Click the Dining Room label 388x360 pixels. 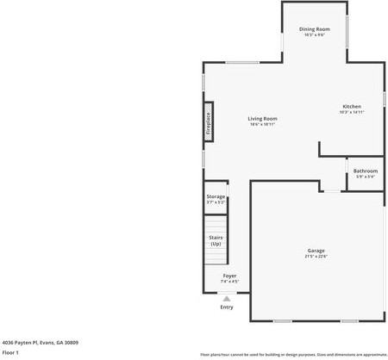315,29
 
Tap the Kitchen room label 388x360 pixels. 351,106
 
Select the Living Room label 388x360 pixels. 262,118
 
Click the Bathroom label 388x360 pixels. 366,171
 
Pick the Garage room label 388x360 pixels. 316,250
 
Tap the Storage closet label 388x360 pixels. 216,196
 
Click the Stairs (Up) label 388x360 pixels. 216,240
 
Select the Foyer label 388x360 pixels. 229,275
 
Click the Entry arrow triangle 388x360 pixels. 227,299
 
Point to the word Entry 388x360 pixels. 227,307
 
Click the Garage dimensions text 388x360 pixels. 316,256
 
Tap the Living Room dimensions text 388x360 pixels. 262,124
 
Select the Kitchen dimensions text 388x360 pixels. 351,112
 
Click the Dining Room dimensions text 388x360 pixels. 315,35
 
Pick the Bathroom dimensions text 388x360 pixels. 366,177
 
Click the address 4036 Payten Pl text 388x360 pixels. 41,341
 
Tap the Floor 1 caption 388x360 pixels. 10,352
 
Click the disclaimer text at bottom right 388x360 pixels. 293,354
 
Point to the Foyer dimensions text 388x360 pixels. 229,281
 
